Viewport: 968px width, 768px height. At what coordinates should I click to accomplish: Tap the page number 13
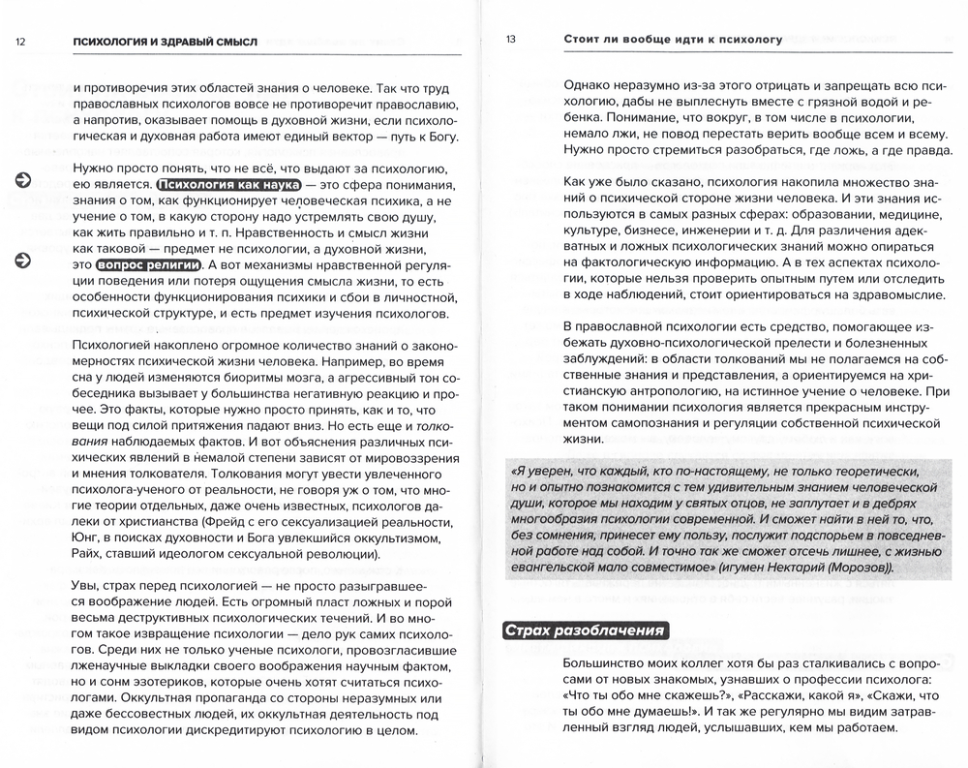coord(511,40)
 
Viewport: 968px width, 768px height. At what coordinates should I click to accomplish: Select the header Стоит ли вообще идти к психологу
coord(673,40)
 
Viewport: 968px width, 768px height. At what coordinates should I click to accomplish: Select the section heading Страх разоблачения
coord(584,630)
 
